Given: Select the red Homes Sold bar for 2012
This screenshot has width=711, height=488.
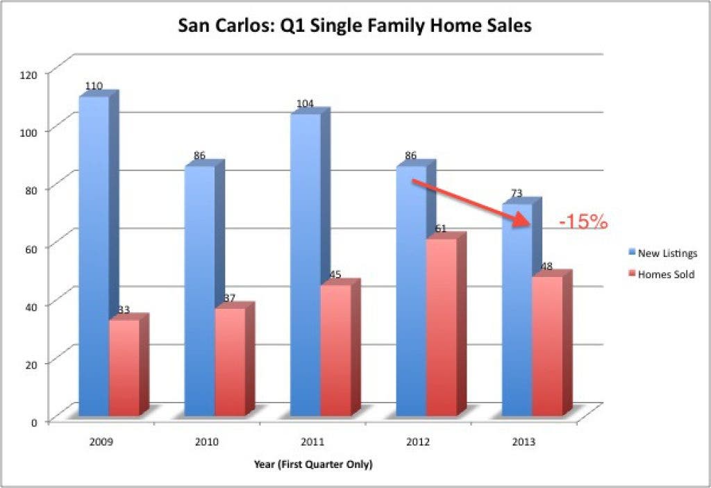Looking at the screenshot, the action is coord(442,326).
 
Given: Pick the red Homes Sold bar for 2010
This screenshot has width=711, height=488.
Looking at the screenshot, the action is coord(231,360).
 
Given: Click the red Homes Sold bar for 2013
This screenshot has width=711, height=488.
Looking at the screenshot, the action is coord(548,345).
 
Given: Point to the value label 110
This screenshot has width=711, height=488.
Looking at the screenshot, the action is coord(94,85).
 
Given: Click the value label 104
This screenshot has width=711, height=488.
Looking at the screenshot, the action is coord(306,104).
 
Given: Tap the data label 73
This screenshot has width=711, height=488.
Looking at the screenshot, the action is coord(517,193).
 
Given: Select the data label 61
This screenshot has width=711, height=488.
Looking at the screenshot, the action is coord(441,228).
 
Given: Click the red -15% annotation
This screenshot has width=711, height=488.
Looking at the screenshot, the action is coord(583,221).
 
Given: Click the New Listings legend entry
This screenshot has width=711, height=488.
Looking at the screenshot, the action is coord(662,253).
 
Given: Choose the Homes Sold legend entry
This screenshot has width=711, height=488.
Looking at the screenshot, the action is coord(661,274).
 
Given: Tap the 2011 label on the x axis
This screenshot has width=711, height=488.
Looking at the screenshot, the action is coord(312,441).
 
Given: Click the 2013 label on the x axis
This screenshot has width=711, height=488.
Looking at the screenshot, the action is coord(524,441).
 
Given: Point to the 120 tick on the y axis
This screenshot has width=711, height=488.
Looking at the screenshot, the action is coord(28,74).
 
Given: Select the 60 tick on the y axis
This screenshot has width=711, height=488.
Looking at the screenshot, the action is coord(31,248).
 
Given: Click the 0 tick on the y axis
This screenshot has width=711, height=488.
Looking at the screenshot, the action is coord(34,422).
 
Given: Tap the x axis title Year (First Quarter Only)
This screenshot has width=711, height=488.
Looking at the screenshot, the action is coord(313,464).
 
